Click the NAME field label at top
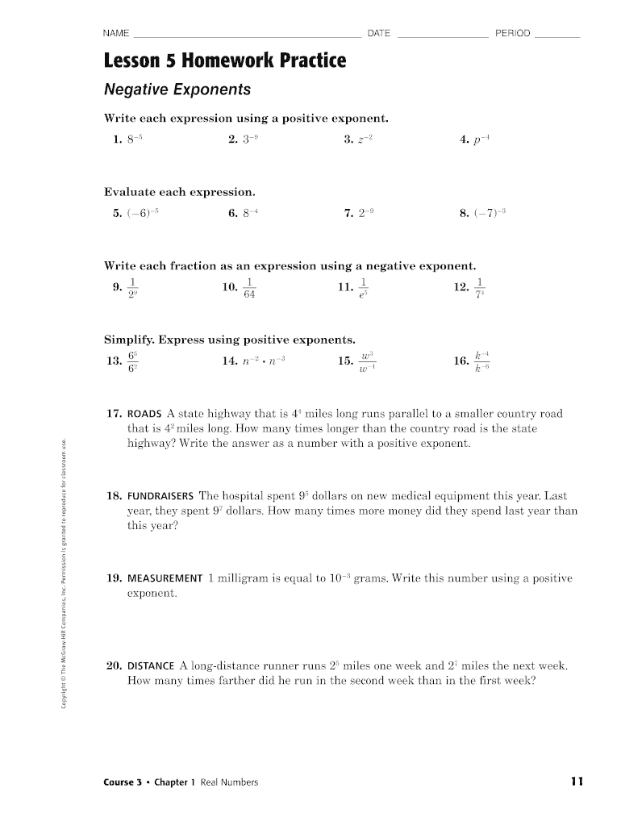116,33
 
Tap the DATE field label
378,33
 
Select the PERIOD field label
513,33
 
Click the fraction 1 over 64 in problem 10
250,287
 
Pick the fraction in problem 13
133,361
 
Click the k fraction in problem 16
481,361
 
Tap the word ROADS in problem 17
145,414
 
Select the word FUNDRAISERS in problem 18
160,496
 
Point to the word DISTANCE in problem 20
151,666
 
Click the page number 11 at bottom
576,782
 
